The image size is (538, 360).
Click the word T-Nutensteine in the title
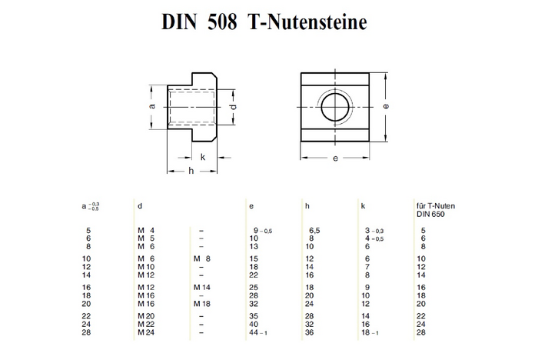307,22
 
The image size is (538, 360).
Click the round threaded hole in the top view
335,107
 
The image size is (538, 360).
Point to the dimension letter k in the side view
203,157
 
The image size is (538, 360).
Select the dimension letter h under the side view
191,171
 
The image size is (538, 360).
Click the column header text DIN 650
431,213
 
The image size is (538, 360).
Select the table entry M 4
147,230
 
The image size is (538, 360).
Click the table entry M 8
201,258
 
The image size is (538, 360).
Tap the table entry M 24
147,332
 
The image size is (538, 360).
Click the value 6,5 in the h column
314,230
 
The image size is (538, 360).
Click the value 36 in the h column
311,332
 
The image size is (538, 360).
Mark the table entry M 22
147,323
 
